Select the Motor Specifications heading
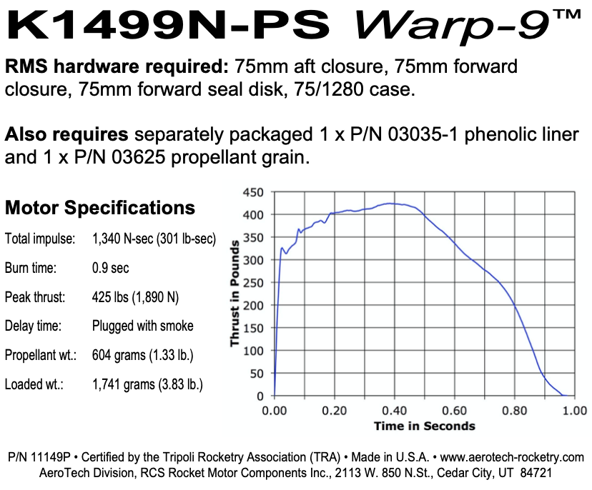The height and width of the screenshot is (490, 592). pos(100,208)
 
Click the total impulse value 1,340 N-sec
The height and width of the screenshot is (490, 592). pos(154,239)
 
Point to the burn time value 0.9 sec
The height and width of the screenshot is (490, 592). pos(111,269)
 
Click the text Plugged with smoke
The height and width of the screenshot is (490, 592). pos(143,326)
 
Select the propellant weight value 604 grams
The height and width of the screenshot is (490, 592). pos(143,355)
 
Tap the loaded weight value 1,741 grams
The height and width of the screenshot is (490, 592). pos(147,384)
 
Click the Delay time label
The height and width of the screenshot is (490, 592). pos(34,326)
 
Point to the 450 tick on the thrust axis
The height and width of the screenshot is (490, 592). pos(255,192)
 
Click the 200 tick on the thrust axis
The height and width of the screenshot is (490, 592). pos(255,306)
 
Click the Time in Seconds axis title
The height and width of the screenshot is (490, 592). pos(424,426)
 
